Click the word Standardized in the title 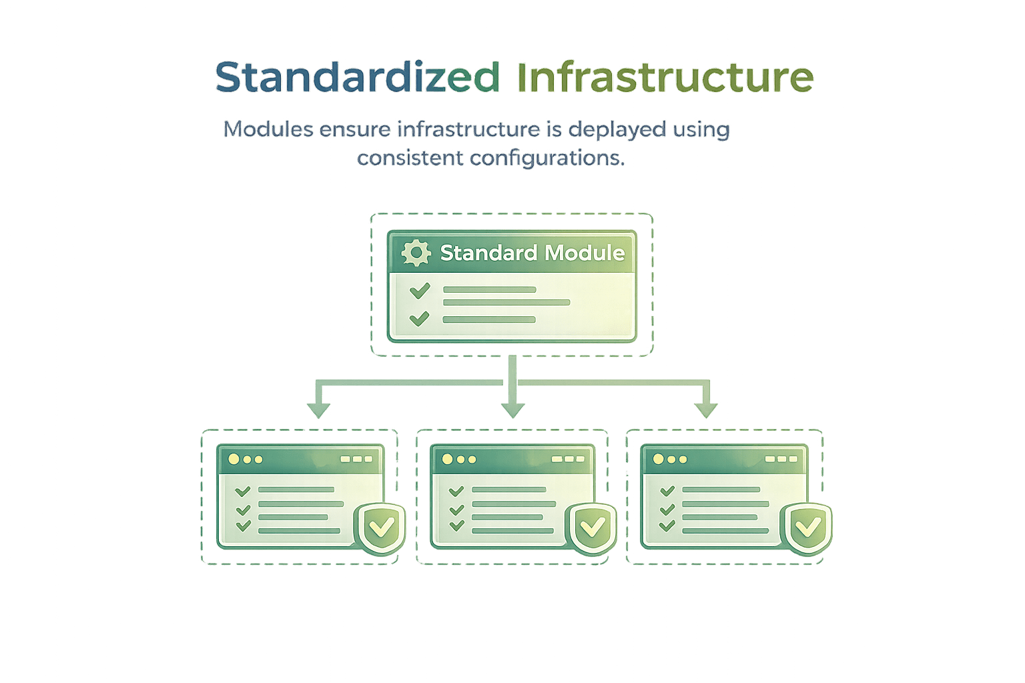coord(357,77)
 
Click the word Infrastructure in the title coord(665,77)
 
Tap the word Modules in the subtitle coord(268,129)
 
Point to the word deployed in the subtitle coord(617,129)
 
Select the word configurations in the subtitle coord(547,159)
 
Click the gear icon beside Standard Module coord(416,253)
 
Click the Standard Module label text coord(532,253)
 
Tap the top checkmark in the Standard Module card coord(420,290)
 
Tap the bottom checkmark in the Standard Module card coord(419,319)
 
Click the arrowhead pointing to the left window coord(318,410)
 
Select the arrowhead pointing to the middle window coord(512,410)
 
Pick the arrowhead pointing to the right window coord(705,410)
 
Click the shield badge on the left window coord(380,528)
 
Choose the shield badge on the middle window coord(591,528)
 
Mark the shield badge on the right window coord(807,528)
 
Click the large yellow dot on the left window coord(234,459)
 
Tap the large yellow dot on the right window coord(659,459)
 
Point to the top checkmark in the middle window coord(456,492)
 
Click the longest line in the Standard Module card coord(506,302)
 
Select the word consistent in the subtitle coord(410,159)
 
